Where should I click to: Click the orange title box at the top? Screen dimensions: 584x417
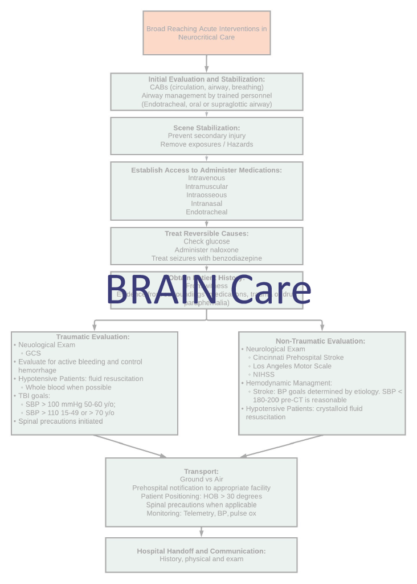pos(206,33)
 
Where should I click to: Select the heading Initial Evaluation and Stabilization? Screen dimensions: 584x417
pos(206,79)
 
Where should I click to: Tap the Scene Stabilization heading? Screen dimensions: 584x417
pos(206,128)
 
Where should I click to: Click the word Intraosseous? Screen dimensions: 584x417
pos(206,195)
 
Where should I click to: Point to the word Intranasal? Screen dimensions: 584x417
pos(206,204)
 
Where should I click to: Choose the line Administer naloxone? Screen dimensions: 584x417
pos(206,250)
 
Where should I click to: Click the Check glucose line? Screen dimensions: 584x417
pos(206,242)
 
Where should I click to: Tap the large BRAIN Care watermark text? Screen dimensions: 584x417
pos(208,290)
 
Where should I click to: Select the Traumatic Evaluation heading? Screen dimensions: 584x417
pos(93,337)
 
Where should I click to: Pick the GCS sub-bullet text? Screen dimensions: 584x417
pos(33,353)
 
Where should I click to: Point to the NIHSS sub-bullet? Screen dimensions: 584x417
pos(264,374)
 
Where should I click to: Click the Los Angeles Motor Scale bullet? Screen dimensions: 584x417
pos(292,366)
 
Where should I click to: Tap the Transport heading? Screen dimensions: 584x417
pos(201,471)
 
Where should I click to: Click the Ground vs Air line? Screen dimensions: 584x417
pos(201,480)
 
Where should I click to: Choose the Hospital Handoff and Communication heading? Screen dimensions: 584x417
pos(201,551)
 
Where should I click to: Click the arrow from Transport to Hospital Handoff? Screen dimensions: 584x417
pos(201,532)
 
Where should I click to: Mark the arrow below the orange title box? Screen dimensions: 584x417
pos(206,63)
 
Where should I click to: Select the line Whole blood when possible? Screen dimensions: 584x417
pos(68,387)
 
